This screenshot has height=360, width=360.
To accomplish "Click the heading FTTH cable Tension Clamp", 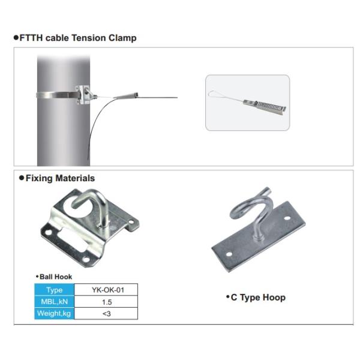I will pyautogui.click(x=78, y=38).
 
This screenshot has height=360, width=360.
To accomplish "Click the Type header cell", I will pyautogui.click(x=55, y=290).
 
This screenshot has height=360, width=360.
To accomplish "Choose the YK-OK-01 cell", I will pyautogui.click(x=106, y=290).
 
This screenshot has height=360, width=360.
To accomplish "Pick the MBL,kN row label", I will pyautogui.click(x=55, y=302).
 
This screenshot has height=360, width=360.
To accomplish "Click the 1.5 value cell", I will pyautogui.click(x=106, y=302).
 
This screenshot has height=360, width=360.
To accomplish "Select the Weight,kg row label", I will pyautogui.click(x=55, y=314).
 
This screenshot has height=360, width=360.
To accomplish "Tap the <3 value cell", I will pyautogui.click(x=106, y=314).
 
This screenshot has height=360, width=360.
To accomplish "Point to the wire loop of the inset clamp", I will pyautogui.click(x=223, y=95).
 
